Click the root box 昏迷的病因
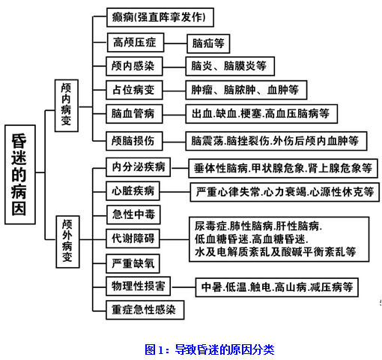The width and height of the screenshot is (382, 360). [20, 175]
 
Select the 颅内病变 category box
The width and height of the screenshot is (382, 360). [67, 106]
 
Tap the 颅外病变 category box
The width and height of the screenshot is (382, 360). [67, 241]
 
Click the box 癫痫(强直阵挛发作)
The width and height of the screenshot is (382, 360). [160, 17]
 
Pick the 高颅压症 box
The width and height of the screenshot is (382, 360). [136, 43]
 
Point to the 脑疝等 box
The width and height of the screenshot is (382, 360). [208, 43]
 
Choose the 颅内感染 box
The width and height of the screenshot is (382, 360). [134, 66]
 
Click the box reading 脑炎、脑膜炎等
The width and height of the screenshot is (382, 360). [230, 66]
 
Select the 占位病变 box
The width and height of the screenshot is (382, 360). [134, 90]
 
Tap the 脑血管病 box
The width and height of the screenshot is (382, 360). [134, 114]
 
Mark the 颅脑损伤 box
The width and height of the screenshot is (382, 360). [134, 141]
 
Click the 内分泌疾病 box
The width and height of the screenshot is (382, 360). [138, 167]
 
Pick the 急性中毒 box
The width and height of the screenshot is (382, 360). [133, 214]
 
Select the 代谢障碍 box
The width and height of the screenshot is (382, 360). [133, 238]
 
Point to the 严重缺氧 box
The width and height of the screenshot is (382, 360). [133, 263]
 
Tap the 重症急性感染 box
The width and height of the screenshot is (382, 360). [145, 310]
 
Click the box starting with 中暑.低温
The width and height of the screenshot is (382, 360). [277, 287]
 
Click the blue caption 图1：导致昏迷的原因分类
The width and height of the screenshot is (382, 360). [209, 349]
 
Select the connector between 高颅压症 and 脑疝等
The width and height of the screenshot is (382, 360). [175, 43]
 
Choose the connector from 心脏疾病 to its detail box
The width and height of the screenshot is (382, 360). [175, 192]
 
